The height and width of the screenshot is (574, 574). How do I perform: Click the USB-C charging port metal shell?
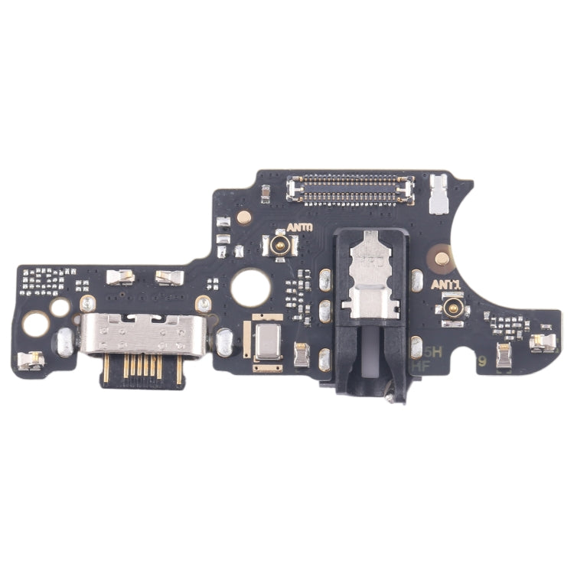(x=145, y=334)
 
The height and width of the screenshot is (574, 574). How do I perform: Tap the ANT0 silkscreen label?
(x=299, y=228)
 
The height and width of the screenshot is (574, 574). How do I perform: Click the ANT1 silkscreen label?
(x=445, y=284)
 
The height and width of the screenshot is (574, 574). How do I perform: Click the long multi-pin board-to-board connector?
(x=351, y=188)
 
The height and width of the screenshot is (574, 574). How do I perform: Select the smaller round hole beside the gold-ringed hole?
(x=60, y=308)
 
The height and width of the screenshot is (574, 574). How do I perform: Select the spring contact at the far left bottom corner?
(x=31, y=360)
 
